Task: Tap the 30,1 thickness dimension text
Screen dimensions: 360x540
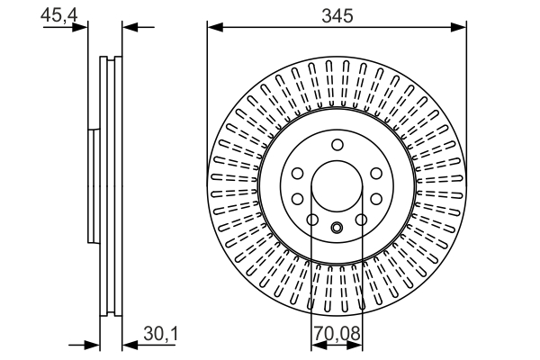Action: [161, 335]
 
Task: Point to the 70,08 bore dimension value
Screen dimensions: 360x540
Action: [337, 335]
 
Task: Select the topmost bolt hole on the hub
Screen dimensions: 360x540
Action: [337, 145]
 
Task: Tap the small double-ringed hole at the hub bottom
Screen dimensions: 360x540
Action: [337, 228]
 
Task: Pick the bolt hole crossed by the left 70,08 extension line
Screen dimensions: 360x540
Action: [312, 220]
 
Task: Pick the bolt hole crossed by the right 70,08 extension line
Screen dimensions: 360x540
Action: [361, 220]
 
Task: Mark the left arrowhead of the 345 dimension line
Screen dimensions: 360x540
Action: [217, 28]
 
